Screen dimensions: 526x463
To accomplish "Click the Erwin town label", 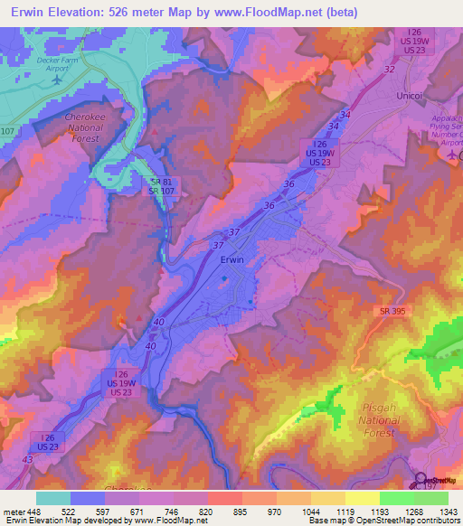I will (232, 259).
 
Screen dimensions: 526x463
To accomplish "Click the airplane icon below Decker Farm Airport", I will (58, 80).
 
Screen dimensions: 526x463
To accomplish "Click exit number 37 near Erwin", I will (218, 245).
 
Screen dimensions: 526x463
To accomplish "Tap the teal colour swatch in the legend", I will (52, 498).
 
